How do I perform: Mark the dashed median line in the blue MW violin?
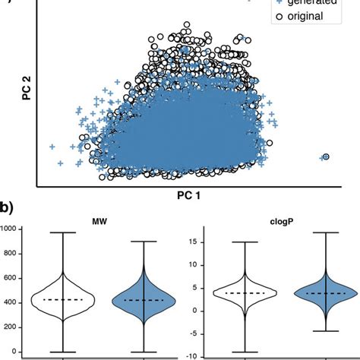[x=144, y=300]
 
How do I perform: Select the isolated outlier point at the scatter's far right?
[x=325, y=157]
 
